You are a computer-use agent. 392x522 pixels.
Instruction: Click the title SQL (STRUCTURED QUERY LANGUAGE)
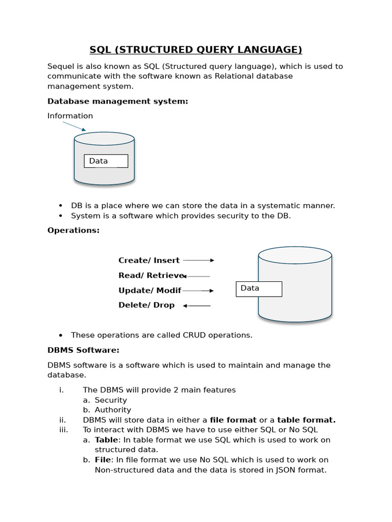(196, 49)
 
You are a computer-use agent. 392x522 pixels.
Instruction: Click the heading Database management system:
(118, 101)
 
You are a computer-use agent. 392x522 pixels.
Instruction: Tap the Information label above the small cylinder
(70, 116)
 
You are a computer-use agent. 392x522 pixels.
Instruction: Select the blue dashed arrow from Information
(74, 126)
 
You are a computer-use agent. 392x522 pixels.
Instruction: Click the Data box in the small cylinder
(106, 161)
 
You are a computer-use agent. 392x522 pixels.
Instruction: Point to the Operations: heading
(73, 230)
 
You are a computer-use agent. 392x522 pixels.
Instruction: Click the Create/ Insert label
(149, 260)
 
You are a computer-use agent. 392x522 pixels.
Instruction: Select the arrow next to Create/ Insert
(199, 260)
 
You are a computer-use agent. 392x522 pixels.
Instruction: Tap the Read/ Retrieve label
(150, 275)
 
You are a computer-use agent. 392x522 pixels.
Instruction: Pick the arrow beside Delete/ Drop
(197, 305)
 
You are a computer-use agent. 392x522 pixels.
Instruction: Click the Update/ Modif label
(150, 291)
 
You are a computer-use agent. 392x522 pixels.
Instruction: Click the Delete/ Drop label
(146, 305)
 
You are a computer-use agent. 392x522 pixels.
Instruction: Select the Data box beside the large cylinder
(259, 289)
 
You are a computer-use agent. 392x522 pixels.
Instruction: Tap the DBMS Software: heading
(83, 350)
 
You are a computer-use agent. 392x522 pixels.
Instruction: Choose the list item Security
(111, 400)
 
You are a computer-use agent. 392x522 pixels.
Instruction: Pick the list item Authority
(113, 410)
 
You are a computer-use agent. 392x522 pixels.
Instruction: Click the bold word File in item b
(103, 460)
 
